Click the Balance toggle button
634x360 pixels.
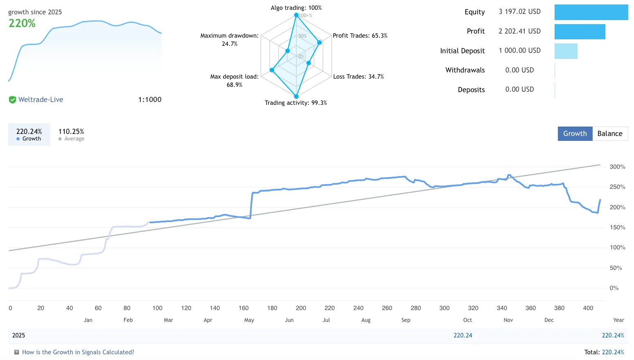[x=609, y=134]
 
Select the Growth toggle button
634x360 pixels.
[x=575, y=134]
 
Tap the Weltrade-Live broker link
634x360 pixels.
[x=41, y=100]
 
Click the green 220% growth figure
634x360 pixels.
[x=22, y=23]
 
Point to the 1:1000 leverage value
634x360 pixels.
[x=150, y=100]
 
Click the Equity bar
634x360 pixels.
[x=591, y=12]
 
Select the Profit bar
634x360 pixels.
[x=580, y=32]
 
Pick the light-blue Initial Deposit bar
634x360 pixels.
[x=566, y=51]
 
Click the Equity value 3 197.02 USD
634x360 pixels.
[x=519, y=11]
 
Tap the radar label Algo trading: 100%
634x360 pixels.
[x=296, y=8]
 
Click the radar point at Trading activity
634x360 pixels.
[x=296, y=97]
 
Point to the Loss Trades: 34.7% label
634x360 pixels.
[x=358, y=77]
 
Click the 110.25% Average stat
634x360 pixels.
[x=71, y=134]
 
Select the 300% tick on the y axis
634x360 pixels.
[x=617, y=167]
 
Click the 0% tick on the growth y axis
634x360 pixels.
[x=614, y=288]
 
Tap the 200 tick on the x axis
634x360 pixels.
[x=301, y=308]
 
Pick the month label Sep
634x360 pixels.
[x=406, y=320]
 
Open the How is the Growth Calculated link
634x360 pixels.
[x=78, y=352]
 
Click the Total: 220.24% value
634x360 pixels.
[x=604, y=352]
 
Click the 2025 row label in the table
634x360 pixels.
[x=18, y=335]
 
